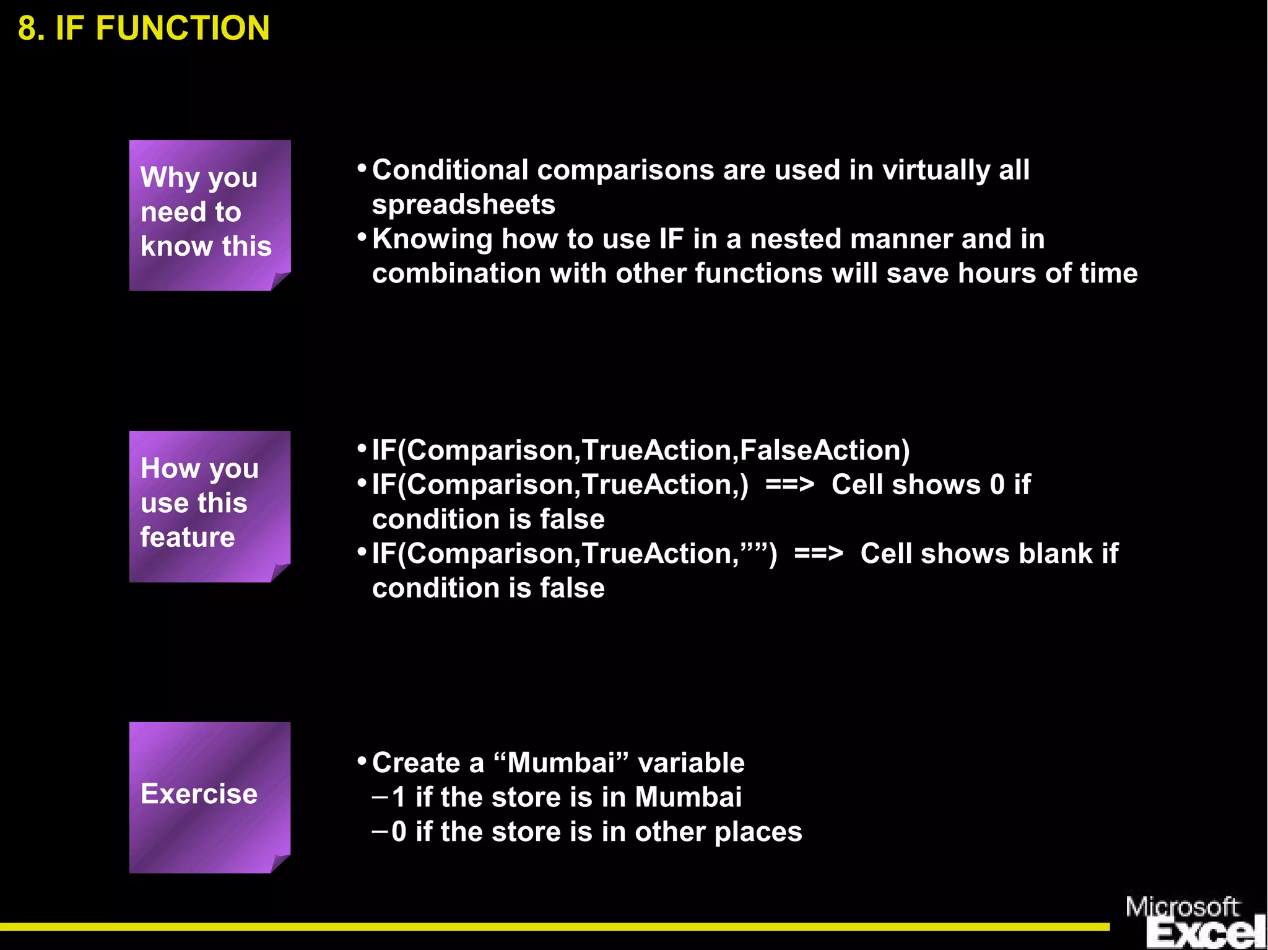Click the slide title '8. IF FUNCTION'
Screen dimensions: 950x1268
(144, 28)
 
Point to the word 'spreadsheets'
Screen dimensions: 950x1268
(463, 205)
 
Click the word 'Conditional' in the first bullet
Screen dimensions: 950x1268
(450, 170)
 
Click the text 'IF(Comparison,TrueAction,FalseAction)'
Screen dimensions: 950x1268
(641, 450)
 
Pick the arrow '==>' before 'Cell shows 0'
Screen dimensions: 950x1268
(789, 485)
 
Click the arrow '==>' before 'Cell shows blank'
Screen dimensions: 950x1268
(818, 554)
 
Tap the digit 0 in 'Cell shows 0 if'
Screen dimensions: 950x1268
(997, 485)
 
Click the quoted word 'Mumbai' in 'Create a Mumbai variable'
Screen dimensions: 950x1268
(561, 763)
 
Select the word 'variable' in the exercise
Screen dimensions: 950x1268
(691, 763)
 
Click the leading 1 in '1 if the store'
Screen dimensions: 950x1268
(399, 798)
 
